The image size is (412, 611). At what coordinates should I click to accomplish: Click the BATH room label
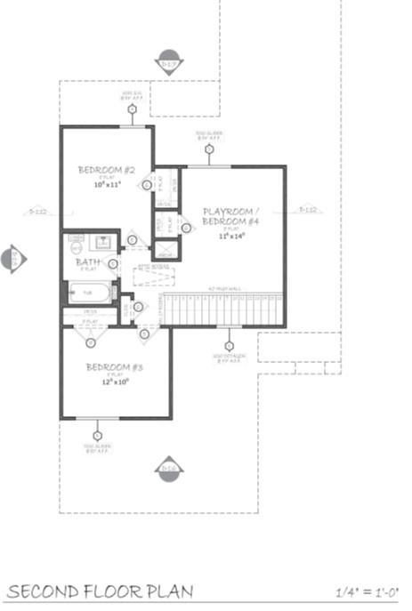(x=88, y=262)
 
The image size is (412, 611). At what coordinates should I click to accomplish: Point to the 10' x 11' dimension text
(x=107, y=186)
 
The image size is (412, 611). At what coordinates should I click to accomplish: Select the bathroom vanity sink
(x=101, y=240)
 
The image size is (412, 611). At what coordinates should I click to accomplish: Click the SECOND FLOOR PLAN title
(x=100, y=591)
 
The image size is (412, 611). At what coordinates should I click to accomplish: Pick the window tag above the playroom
(x=209, y=149)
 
